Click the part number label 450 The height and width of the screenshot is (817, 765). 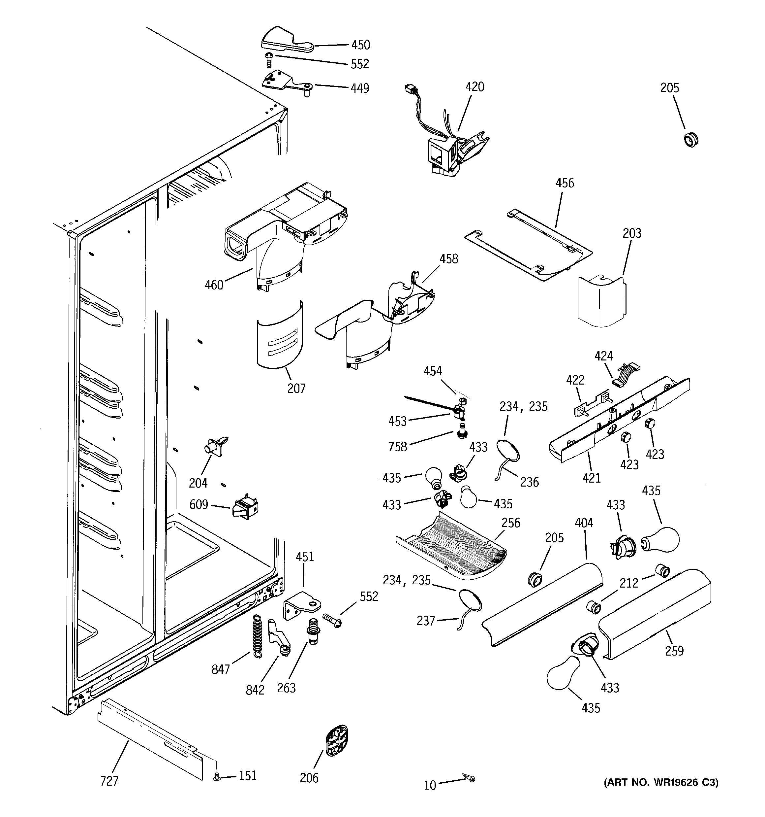[360, 45]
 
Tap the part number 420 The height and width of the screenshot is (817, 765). [475, 87]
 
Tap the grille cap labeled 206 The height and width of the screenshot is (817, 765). [337, 740]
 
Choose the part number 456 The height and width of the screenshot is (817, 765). [565, 183]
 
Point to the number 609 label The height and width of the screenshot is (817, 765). [199, 504]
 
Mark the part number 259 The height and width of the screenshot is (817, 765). [674, 651]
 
